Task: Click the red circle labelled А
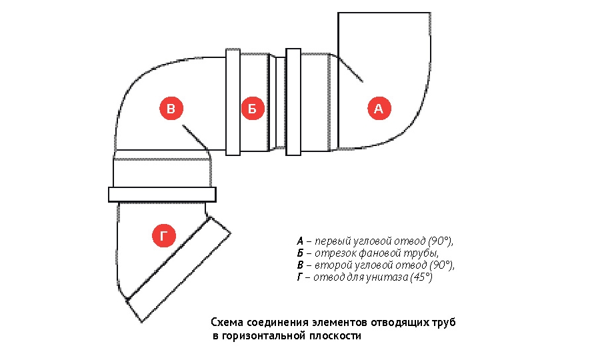pos(379,108)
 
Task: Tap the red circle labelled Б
pos(253,108)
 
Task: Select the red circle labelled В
pos(171,108)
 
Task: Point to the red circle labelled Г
pos(164,235)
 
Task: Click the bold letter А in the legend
pos(300,241)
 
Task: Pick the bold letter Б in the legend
pos(300,253)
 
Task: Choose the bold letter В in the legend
pos(300,265)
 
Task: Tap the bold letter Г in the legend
pos(299,277)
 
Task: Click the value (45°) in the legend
pos(421,277)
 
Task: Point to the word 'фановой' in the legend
pos(377,253)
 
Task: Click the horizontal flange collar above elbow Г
pos(162,195)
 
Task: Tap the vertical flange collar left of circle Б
pos(233,102)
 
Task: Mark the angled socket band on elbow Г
pos(179,269)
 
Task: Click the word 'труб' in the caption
pos(444,323)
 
